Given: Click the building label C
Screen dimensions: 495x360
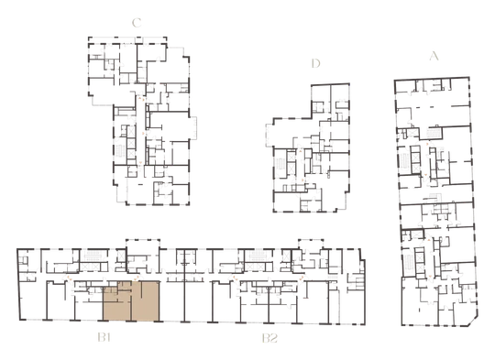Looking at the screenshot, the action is [137, 23].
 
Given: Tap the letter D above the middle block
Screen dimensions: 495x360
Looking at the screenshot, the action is [315, 63].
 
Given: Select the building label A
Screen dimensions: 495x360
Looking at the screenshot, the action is [434, 56].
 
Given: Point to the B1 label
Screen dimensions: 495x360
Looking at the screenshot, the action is [104, 338].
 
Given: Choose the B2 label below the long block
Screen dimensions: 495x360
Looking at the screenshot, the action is [269, 338].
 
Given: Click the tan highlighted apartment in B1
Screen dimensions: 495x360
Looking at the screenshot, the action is [131, 301].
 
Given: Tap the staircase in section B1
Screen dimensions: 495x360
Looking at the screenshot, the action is [93, 256].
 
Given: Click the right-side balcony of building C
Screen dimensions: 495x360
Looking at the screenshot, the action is [192, 127].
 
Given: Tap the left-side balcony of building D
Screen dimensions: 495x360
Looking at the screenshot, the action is [269, 136].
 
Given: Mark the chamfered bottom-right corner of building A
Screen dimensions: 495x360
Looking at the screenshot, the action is [474, 322].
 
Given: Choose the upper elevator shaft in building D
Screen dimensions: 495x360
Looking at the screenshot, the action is [291, 157].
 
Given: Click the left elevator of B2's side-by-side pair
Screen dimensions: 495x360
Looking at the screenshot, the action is [250, 267].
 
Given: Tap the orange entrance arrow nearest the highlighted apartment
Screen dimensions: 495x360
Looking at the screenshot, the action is [136, 278].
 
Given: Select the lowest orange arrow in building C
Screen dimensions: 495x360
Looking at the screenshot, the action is [140, 163].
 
